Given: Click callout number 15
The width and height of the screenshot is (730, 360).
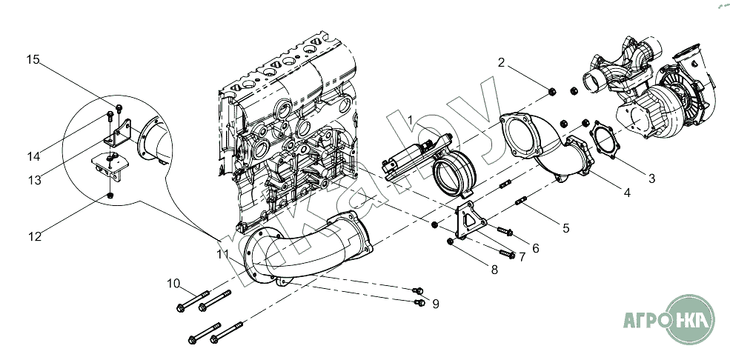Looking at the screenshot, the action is pos(33,59).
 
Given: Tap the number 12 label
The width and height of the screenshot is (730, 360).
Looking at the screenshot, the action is pos(34,236).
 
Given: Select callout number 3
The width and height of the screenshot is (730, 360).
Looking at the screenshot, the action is pos(651,178).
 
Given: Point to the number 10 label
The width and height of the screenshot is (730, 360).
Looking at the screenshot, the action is pos(173,283).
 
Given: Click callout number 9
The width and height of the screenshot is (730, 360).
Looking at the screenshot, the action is pos(436,304).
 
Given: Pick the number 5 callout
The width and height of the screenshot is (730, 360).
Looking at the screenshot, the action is pos(565,228).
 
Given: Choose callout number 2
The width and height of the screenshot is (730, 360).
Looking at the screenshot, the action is pos(501,62).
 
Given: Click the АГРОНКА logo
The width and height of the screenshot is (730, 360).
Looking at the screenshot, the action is pos(669,319).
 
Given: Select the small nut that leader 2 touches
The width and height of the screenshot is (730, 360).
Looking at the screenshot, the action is pos(552,92).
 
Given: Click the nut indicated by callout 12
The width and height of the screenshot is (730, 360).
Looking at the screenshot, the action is pos(110,196).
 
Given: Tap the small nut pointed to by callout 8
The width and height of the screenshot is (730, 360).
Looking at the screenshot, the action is pos(450,241).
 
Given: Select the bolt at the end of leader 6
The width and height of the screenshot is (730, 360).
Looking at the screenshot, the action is pos(505,230).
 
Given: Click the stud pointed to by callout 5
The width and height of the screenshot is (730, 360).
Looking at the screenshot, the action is pos(521,201).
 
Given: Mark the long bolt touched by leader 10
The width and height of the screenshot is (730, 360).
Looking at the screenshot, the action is pos(193,301).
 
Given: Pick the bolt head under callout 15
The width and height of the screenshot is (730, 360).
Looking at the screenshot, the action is pos(119,109).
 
